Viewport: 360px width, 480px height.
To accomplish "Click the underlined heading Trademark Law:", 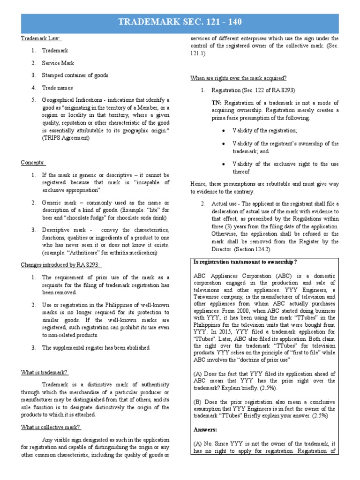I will pos(41,39).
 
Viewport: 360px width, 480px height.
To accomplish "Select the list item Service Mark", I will pos(58,63).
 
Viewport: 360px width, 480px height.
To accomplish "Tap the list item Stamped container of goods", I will pos(75,75).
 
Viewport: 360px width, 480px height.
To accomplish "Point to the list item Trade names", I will pos(57,88).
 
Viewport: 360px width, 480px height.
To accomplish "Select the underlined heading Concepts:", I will pos(33,163).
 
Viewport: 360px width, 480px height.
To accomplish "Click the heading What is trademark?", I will pos(45,372).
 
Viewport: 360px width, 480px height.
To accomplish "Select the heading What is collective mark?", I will pos(51,427).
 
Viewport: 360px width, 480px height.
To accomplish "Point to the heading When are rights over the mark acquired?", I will pos(238,78).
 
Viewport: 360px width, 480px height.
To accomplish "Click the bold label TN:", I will pos(217,103).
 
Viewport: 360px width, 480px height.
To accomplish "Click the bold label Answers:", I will pos(206,429).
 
